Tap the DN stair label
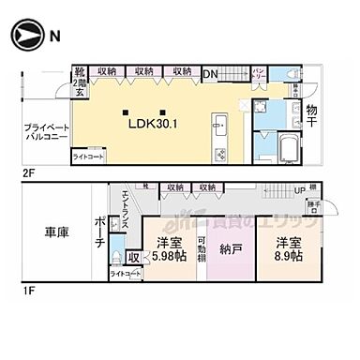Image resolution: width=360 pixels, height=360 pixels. pyautogui.click(x=210, y=71)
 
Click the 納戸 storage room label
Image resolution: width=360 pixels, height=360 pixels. pyautogui.click(x=229, y=249)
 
